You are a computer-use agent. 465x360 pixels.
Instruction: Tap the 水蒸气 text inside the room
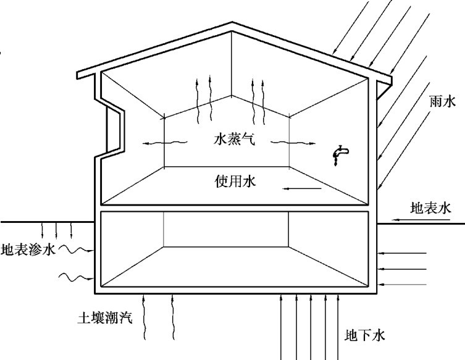click(232, 140)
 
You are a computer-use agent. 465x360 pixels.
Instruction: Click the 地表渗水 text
click(29, 250)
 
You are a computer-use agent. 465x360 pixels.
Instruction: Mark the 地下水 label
click(365, 335)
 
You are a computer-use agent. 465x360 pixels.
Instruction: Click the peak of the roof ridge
click(232, 25)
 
